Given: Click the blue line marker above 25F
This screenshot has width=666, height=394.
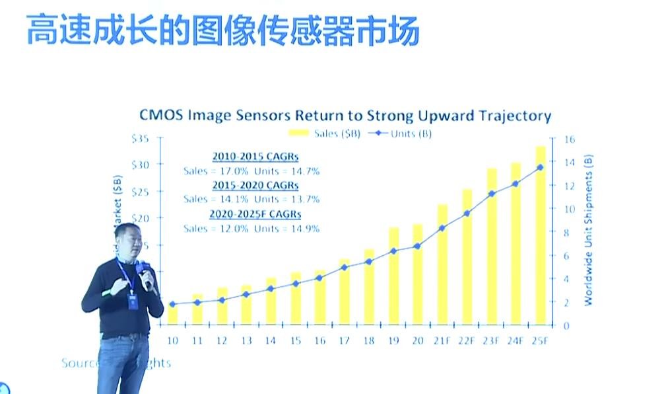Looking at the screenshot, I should click(540, 167).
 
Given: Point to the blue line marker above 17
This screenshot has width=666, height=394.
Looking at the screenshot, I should click(344, 267).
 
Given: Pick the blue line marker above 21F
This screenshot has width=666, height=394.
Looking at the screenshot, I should click(442, 228).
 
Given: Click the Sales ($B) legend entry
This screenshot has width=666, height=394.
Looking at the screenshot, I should click(333, 134).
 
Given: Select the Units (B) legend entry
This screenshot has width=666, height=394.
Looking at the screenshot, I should click(402, 134).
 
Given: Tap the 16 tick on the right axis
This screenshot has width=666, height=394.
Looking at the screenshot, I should click(569, 139).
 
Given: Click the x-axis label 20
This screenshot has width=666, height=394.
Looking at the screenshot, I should click(417, 340).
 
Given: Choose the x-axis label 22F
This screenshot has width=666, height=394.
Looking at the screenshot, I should click(467, 340).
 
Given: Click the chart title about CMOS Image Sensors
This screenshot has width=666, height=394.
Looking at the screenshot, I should click(345, 116).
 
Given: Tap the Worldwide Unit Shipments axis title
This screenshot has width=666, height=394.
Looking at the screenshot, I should click(588, 230).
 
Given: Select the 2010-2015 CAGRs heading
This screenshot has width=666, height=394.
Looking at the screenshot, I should click(255, 157).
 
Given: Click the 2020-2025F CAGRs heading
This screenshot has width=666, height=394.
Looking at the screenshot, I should click(255, 214).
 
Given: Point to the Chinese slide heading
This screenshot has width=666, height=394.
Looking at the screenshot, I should click(222, 30).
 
